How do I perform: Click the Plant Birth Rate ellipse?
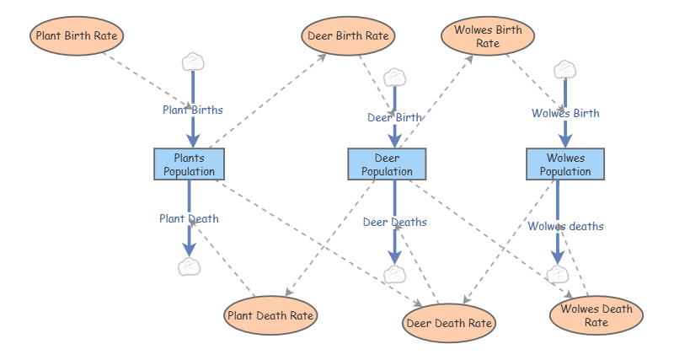[77, 35]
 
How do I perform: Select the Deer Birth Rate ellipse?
[348, 35]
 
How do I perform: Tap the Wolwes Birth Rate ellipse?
[488, 36]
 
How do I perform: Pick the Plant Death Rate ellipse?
[270, 315]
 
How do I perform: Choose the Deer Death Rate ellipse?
[449, 323]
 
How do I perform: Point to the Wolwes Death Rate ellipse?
[596, 315]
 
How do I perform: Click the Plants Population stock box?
[189, 164]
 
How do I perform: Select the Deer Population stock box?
[387, 164]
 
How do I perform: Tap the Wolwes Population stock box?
[565, 164]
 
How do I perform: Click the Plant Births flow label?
[193, 110]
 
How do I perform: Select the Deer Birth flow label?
[394, 117]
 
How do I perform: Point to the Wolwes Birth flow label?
[565, 113]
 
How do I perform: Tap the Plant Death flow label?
[189, 219]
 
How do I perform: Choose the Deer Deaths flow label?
[394, 223]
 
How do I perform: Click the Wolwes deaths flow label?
[565, 226]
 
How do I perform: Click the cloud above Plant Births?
[193, 62]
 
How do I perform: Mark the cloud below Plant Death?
[189, 266]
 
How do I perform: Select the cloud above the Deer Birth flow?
[394, 78]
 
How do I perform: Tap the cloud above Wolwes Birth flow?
[564, 70]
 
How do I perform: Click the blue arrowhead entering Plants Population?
[193, 141]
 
